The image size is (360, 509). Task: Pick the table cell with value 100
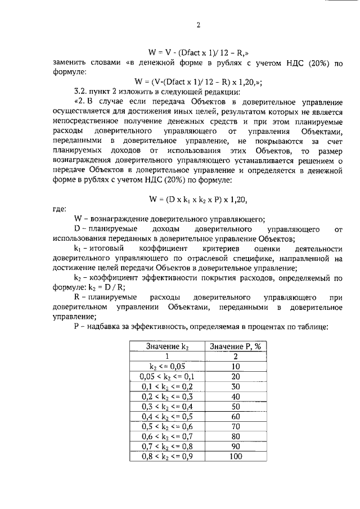pos(236,457)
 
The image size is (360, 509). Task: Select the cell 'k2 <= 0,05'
pos(166,366)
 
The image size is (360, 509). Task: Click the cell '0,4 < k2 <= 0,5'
pos(166,416)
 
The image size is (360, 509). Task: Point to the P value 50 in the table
pos(236,406)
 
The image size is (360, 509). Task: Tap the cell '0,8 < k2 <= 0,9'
pos(166,457)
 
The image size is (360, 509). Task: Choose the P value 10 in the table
pos(236,366)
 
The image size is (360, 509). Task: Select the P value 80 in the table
pos(236,436)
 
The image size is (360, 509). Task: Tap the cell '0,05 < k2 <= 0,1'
pos(166,376)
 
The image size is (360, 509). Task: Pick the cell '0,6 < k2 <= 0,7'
pos(166,436)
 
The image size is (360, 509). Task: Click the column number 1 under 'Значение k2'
pos(166,356)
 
